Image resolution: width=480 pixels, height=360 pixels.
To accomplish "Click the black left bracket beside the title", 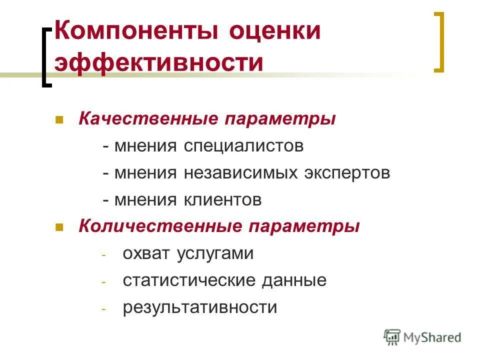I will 46,57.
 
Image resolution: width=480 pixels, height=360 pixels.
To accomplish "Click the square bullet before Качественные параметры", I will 58,120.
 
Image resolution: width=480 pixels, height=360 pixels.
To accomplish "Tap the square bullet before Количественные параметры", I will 58,227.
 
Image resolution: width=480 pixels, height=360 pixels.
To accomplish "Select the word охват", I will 146,253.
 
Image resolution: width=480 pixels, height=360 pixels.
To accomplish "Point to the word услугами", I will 215,254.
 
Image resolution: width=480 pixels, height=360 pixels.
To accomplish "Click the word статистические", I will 188,280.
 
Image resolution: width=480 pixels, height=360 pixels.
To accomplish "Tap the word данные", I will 294,280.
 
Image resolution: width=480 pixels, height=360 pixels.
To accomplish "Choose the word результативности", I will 200,307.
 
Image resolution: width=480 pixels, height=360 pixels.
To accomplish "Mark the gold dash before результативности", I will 104,308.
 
